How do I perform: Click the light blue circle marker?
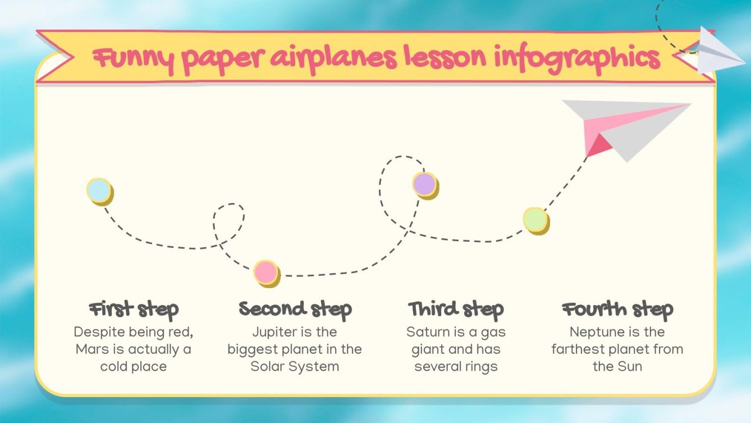(x=99, y=190)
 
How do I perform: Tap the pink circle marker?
(x=265, y=272)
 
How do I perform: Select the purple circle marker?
(x=424, y=184)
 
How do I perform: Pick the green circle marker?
(x=535, y=219)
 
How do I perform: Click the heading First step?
(x=134, y=309)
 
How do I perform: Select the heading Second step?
(x=295, y=309)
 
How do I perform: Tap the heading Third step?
(x=456, y=309)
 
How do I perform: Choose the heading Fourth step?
(x=617, y=309)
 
